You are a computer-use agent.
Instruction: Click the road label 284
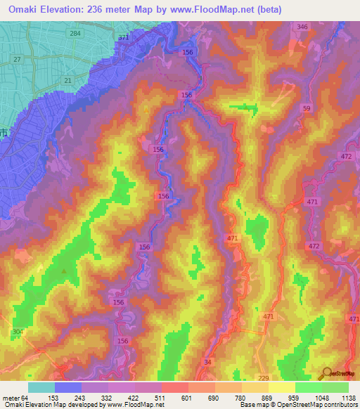click(75, 33)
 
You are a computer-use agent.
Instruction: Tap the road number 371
click(124, 37)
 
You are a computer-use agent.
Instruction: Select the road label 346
click(302, 27)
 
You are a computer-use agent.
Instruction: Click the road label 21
click(67, 81)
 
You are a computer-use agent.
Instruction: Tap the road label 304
click(18, 331)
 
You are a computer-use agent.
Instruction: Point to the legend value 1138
click(346, 397)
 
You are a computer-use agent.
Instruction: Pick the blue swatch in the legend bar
click(68, 387)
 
